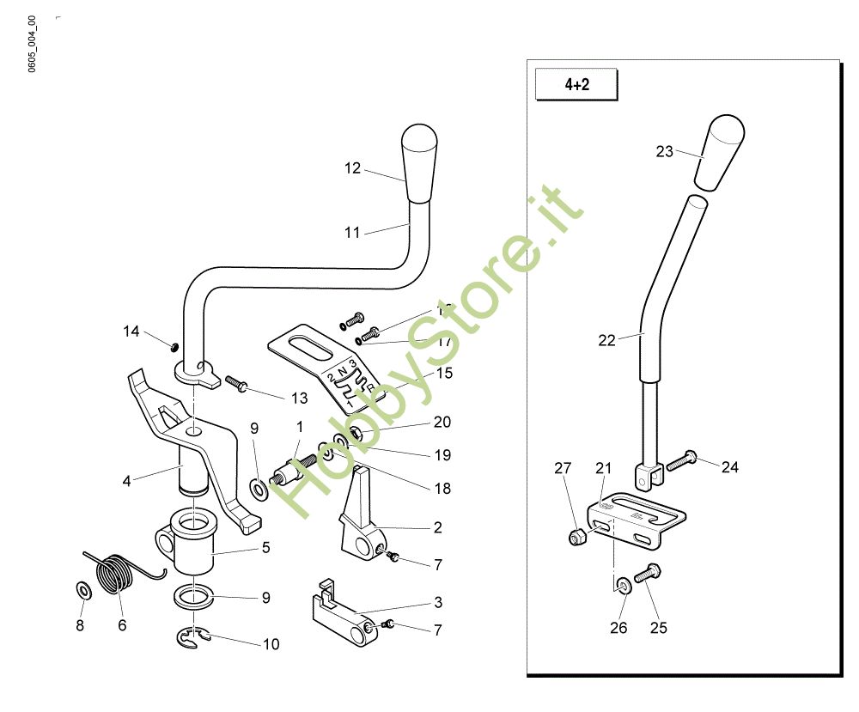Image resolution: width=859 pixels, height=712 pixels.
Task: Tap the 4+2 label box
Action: [x=576, y=85]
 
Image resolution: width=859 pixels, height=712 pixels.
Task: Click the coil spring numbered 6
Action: [x=117, y=574]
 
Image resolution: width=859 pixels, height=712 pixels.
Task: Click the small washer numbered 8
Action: [x=83, y=591]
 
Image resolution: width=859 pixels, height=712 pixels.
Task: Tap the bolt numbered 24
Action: [x=680, y=461]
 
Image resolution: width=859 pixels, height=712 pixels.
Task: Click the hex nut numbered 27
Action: [x=578, y=538]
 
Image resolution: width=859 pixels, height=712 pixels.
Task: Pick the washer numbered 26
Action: [x=623, y=586]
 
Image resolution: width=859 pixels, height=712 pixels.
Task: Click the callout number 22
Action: [x=607, y=340]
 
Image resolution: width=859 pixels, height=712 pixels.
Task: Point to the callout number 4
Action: [x=127, y=481]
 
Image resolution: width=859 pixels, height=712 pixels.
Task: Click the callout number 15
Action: [x=444, y=374]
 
